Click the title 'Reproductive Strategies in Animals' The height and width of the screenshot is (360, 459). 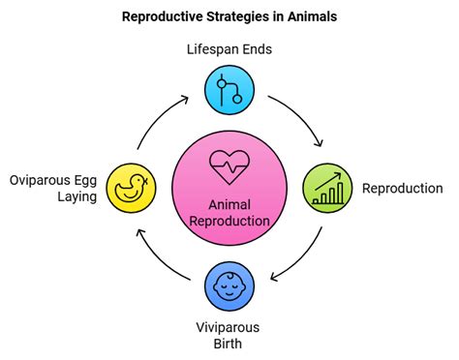click(229, 16)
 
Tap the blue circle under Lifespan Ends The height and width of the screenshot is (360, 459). click(229, 92)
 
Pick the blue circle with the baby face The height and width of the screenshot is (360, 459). click(229, 284)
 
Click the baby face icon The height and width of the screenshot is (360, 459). click(229, 284)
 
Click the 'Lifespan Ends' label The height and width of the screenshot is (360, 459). click(229, 48)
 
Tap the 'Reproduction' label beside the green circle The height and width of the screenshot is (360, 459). click(402, 188)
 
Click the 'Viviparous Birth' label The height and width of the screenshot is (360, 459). click(229, 335)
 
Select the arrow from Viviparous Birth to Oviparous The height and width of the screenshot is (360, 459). click(160, 257)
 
